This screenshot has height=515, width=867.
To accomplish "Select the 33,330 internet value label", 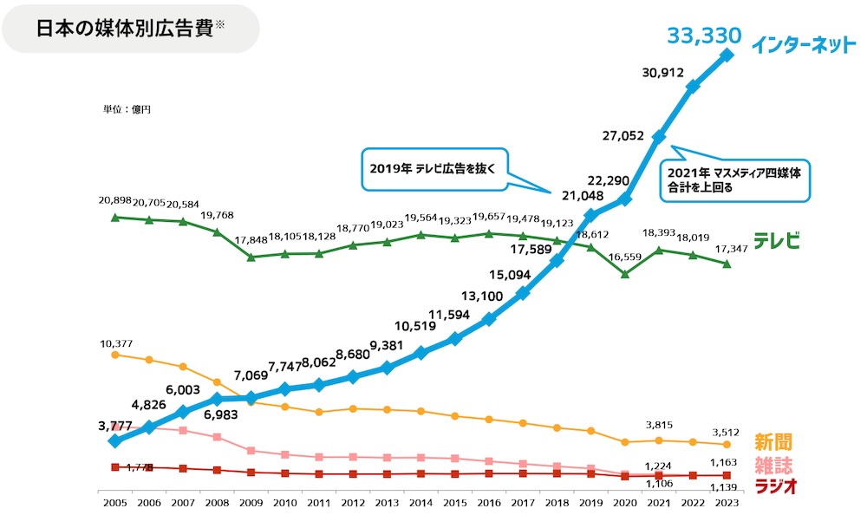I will (703, 36).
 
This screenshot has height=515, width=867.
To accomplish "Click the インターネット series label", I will (804, 44).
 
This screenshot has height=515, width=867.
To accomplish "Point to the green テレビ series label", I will (775, 241).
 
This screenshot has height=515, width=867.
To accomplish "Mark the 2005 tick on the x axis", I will (114, 503).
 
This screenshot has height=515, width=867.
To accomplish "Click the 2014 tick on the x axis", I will (420, 503).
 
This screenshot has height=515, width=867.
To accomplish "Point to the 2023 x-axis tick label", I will (727, 503).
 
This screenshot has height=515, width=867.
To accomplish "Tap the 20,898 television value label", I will (115, 200).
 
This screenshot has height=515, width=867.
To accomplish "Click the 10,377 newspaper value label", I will (115, 344).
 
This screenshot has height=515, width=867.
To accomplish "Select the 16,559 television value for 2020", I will (624, 257).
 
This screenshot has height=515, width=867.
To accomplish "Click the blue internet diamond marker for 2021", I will (659, 137).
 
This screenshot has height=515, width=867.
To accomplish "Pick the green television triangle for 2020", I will (625, 274).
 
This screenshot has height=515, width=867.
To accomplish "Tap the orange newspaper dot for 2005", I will (114, 355).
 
